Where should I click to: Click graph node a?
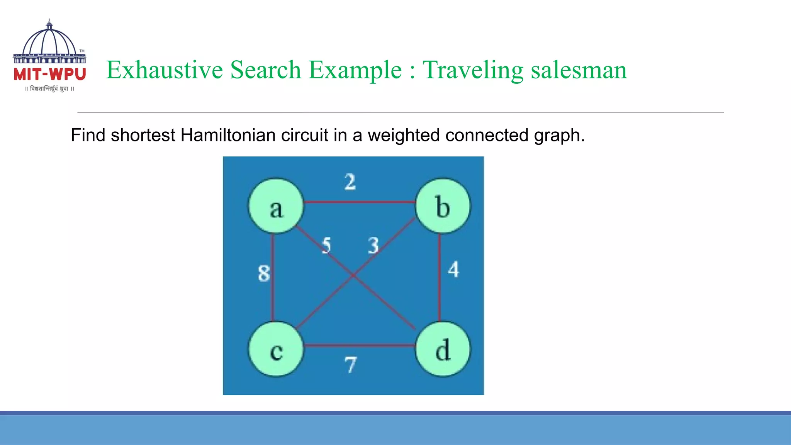click(x=276, y=206)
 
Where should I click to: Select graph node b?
click(x=443, y=206)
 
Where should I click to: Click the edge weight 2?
click(x=350, y=182)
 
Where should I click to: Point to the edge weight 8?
click(x=264, y=273)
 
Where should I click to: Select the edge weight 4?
click(x=453, y=270)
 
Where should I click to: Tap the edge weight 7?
click(x=350, y=365)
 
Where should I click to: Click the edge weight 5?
click(x=327, y=246)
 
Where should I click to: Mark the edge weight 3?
click(x=373, y=246)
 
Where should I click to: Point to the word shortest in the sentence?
click(x=143, y=135)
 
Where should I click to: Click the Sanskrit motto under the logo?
click(x=49, y=89)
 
